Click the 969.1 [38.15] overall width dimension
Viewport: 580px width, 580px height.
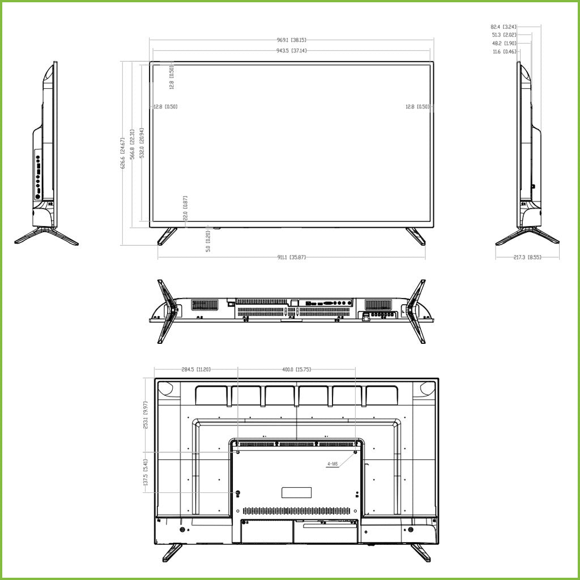pyautogui.click(x=291, y=40)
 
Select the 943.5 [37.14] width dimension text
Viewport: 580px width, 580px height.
pyautogui.click(x=291, y=51)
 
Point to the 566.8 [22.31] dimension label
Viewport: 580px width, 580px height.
pyautogui.click(x=132, y=145)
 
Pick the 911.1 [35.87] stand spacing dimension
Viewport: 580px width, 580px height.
pyautogui.click(x=291, y=258)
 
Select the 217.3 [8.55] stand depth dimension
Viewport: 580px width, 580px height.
pyautogui.click(x=527, y=258)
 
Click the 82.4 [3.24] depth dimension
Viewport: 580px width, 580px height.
pyautogui.click(x=503, y=26)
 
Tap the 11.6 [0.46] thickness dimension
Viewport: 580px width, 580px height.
pyautogui.click(x=504, y=52)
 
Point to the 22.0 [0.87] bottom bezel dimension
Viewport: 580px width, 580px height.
pyautogui.click(x=185, y=208)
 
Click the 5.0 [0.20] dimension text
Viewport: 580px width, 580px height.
pyautogui.click(x=208, y=241)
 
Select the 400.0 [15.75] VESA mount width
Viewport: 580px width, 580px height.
pyautogui.click(x=297, y=369)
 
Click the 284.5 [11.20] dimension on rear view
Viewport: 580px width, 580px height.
pyautogui.click(x=196, y=369)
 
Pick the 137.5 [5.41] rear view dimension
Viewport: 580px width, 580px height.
pyautogui.click(x=146, y=473)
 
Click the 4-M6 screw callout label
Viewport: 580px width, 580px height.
pyautogui.click(x=332, y=463)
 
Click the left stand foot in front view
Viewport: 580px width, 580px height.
pyautogui.click(x=167, y=236)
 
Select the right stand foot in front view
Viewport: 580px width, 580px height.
pyautogui.click(x=416, y=236)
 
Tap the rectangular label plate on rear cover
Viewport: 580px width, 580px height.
pyautogui.click(x=297, y=492)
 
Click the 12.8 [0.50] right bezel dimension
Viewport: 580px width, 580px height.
pyautogui.click(x=418, y=106)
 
